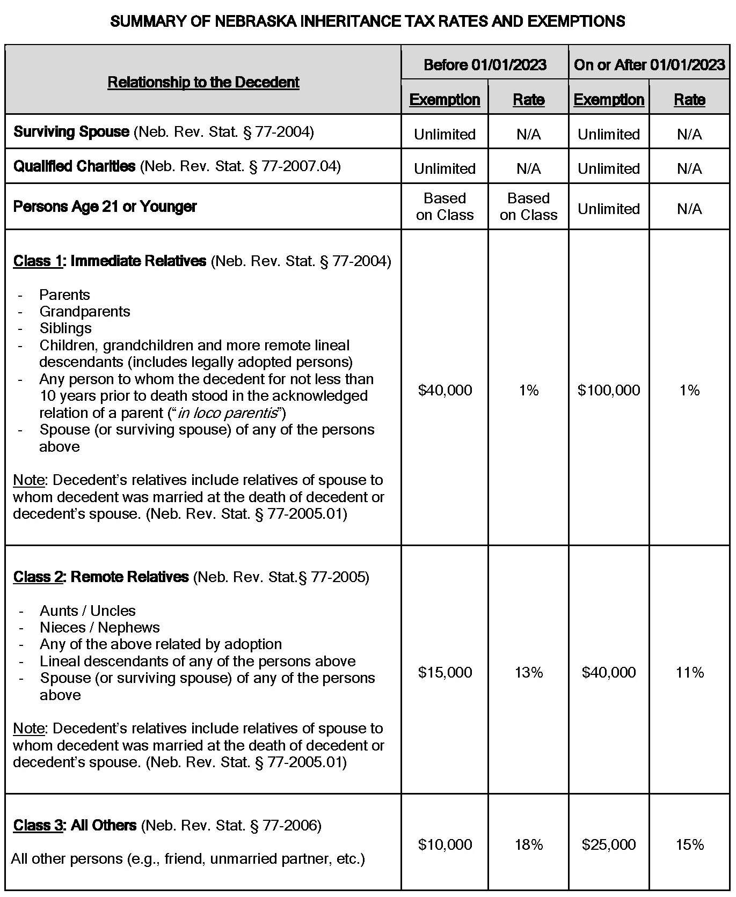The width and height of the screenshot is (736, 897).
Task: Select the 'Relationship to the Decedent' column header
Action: tap(203, 82)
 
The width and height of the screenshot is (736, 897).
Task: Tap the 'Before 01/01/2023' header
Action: tap(485, 65)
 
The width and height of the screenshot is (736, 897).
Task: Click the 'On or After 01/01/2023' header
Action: tap(649, 65)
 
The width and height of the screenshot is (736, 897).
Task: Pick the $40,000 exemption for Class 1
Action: tap(445, 390)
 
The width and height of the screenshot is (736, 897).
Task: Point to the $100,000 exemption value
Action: tap(609, 390)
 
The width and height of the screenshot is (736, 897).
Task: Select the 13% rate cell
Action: tap(529, 672)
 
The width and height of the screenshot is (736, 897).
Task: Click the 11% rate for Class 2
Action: tap(690, 672)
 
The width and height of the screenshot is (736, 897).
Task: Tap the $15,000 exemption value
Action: tap(445, 672)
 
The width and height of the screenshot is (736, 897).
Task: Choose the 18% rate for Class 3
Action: tap(529, 845)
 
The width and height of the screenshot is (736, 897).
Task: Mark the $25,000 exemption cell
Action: tap(609, 845)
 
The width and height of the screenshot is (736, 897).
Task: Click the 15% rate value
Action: tap(690, 845)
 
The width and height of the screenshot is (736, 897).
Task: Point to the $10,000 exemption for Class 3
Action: tap(445, 845)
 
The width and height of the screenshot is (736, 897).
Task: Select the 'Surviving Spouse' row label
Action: tap(71, 131)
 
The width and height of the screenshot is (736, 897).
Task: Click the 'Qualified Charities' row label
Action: tap(74, 166)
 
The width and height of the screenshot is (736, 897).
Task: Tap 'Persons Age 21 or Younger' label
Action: tap(105, 207)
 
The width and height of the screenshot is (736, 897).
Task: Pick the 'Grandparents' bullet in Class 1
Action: tap(85, 312)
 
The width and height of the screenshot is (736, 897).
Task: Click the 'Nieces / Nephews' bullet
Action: tap(100, 628)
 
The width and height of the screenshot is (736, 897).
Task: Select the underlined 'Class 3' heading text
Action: tap(38, 825)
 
